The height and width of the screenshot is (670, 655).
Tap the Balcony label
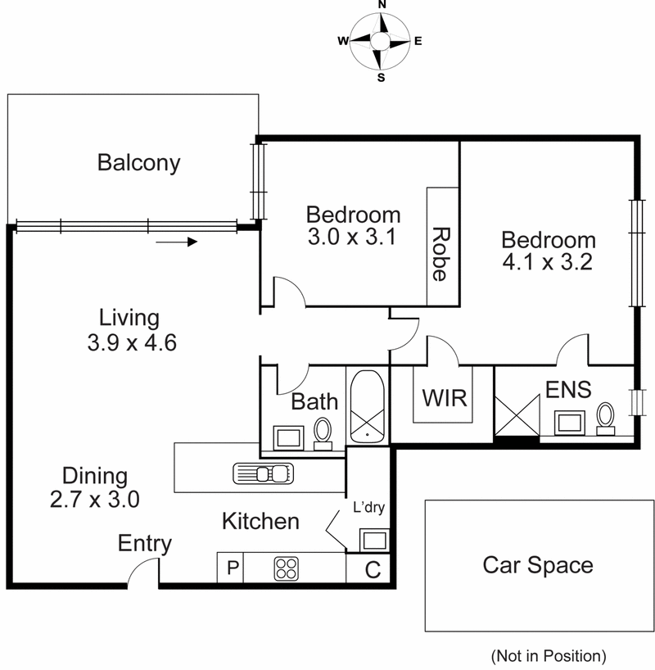(138, 162)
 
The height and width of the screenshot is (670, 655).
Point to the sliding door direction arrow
(177, 242)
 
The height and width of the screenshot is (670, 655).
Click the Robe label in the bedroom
(440, 254)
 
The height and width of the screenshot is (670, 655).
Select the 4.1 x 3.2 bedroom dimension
(548, 263)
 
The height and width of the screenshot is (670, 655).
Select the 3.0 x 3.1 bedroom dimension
(353, 238)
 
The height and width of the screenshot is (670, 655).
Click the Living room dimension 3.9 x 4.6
(133, 342)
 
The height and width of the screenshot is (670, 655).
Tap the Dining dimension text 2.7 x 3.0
(96, 498)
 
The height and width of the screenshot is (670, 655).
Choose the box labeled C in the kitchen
(372, 569)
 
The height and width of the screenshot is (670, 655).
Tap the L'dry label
(368, 507)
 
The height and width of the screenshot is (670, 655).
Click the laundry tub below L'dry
(374, 539)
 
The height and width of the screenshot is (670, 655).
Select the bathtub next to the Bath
(367, 407)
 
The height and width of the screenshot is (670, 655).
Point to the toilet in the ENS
(606, 416)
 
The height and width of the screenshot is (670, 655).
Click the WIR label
(444, 398)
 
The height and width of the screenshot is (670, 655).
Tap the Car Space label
(537, 564)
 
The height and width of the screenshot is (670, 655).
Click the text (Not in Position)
(548, 655)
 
